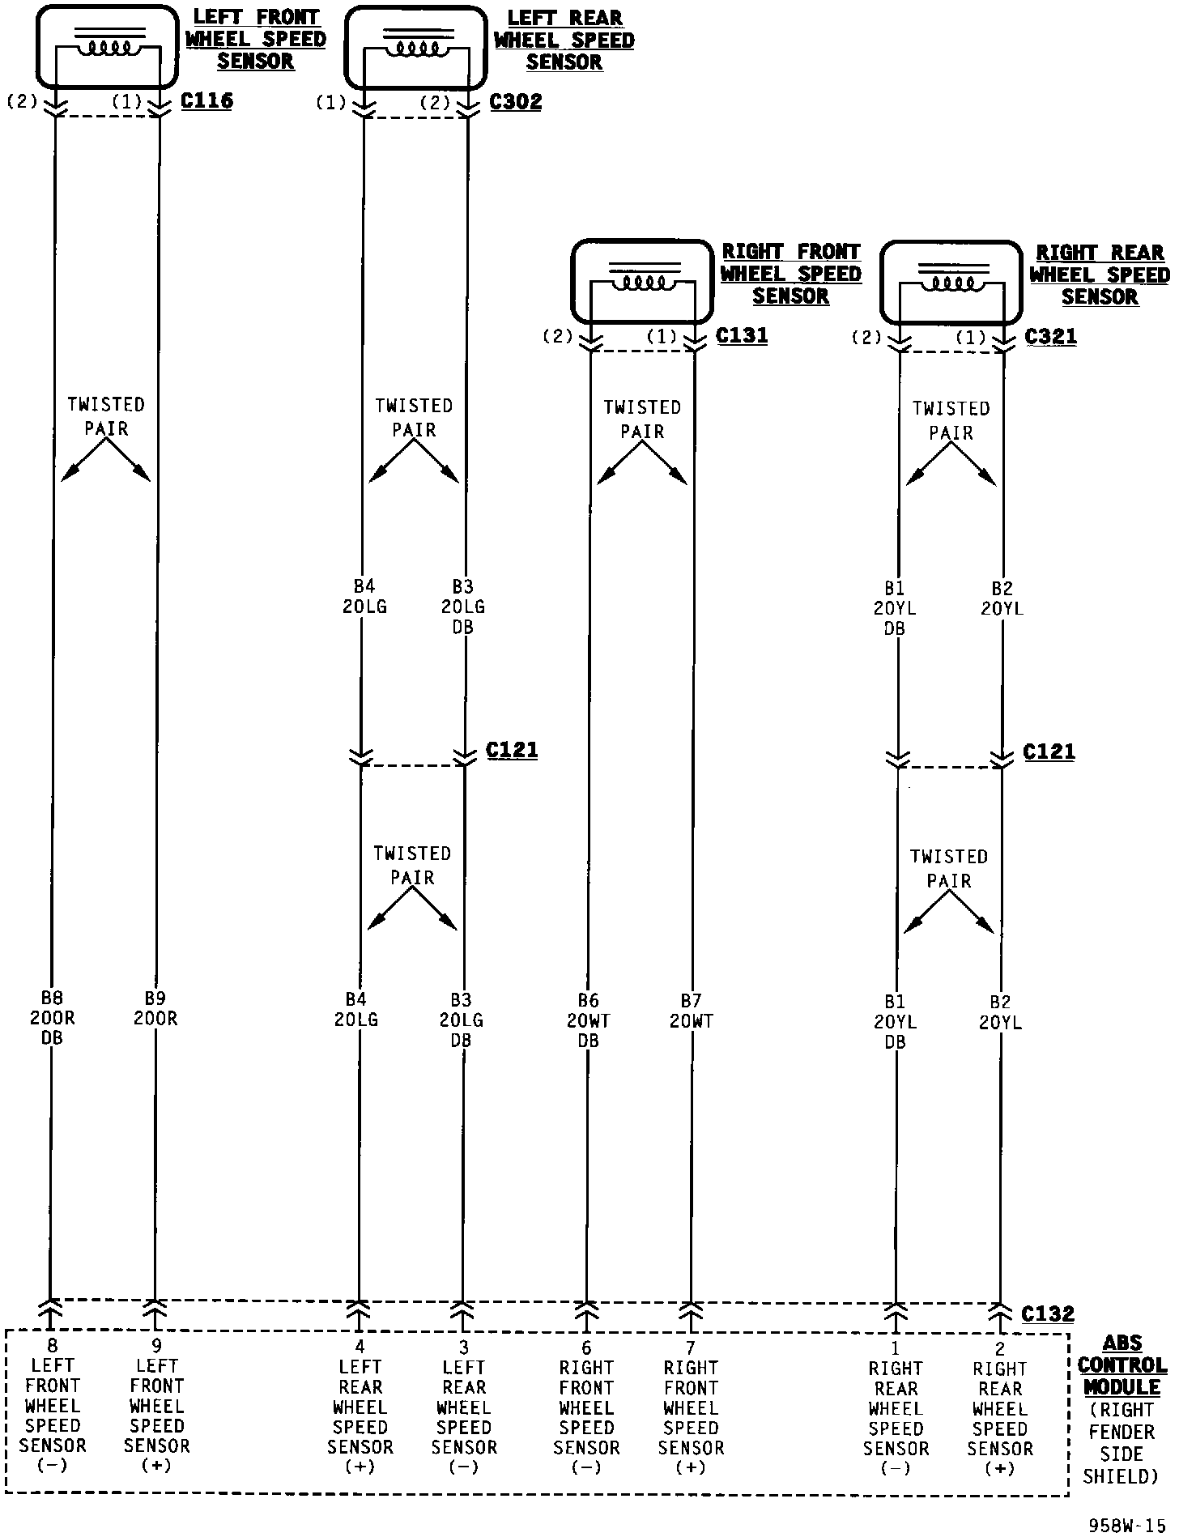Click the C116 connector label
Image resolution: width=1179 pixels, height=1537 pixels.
point(206,101)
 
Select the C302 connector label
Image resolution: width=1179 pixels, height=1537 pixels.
point(516,102)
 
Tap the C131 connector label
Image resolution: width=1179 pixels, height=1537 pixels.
point(742,335)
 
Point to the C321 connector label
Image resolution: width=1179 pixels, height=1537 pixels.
point(1050,336)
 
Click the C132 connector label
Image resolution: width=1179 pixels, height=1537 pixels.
point(1048,1313)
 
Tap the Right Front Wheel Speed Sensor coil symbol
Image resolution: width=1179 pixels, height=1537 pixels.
point(642,282)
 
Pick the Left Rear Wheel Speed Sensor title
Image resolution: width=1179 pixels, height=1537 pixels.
point(564,40)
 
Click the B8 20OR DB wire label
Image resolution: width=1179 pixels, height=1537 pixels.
point(52,1018)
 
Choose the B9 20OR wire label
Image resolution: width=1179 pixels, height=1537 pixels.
point(155,1008)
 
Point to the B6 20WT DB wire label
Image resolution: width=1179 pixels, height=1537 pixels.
point(588,1020)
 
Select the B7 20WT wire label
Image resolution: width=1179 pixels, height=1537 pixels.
point(692,1011)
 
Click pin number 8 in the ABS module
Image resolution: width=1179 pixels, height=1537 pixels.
point(53,1346)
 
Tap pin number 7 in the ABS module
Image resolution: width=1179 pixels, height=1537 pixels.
point(691,1348)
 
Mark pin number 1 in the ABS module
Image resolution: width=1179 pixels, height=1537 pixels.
point(896,1348)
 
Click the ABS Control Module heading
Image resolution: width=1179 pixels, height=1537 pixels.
point(1122,1365)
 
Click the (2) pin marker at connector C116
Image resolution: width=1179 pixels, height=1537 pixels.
point(23,101)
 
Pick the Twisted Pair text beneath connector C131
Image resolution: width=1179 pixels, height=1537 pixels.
point(642,419)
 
